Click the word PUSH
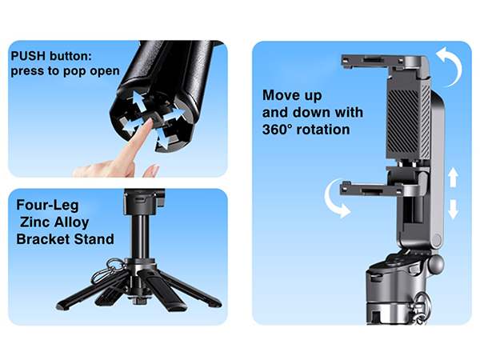point(29,57)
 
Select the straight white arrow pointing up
point(453,178)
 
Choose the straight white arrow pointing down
point(453,210)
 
